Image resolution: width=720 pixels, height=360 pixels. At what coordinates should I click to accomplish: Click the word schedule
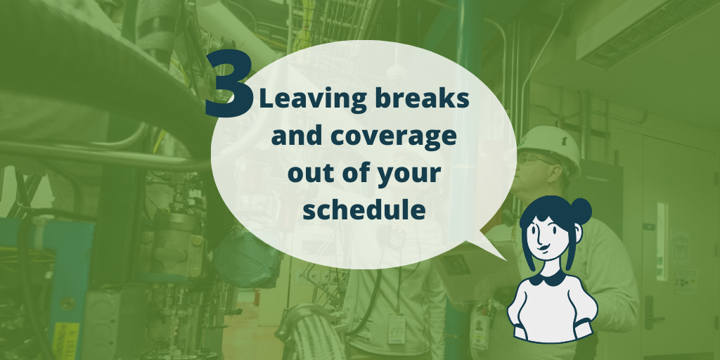[x=364, y=210]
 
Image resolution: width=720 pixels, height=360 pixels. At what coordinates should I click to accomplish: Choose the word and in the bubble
[x=295, y=136]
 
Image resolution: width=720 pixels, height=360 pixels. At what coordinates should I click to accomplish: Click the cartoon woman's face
[x=546, y=236]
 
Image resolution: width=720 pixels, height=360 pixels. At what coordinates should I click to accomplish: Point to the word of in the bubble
[x=359, y=172]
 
